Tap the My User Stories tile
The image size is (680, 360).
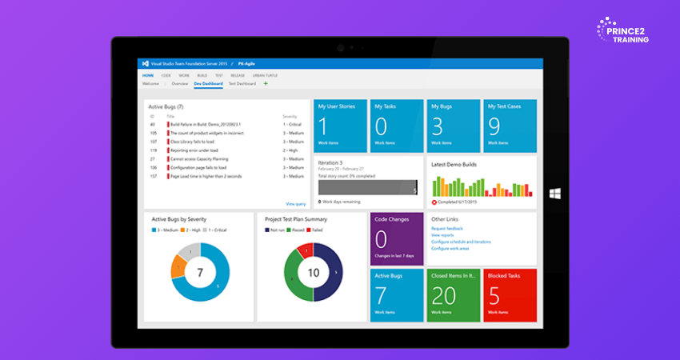click(340, 125)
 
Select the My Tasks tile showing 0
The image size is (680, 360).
click(396, 125)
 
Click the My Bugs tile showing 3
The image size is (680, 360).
click(454, 125)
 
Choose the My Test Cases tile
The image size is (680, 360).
click(510, 125)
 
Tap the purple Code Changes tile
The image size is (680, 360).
click(396, 238)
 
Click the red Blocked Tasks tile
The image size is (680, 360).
click(510, 294)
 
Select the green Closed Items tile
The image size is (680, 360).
click(454, 294)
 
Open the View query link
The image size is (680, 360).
click(295, 204)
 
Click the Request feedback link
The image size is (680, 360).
click(447, 229)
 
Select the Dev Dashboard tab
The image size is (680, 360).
click(208, 83)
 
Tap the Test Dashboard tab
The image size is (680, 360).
click(242, 83)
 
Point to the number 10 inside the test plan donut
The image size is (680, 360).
click(313, 272)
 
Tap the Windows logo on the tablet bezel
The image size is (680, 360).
click(554, 194)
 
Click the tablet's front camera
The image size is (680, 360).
click(340, 46)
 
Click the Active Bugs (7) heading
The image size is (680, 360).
click(167, 106)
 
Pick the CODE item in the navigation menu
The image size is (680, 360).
click(166, 75)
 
